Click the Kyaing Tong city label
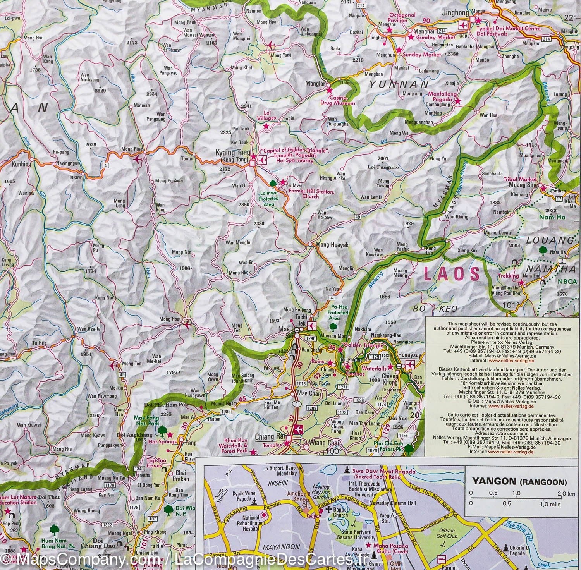231,153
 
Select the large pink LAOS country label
452,274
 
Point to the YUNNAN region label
399,84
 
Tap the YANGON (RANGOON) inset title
519,482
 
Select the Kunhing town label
21,164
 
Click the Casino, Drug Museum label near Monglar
337,101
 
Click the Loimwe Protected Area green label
269,198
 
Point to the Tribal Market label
520,179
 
